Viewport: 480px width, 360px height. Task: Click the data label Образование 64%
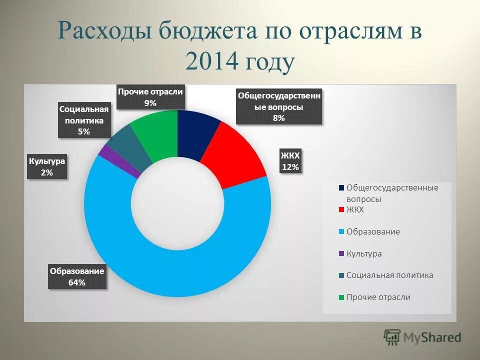click(x=77, y=276)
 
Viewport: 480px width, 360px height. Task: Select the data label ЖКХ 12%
click(x=290, y=161)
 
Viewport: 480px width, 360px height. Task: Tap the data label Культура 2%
click(x=47, y=167)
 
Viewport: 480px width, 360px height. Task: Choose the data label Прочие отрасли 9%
click(x=150, y=97)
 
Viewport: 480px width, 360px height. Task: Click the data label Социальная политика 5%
click(x=83, y=120)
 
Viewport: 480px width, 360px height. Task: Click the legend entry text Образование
click(x=373, y=232)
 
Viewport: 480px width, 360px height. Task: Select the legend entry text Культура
click(x=364, y=253)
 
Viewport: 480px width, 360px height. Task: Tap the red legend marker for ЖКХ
click(x=341, y=210)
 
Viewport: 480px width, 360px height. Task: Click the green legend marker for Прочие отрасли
click(x=341, y=297)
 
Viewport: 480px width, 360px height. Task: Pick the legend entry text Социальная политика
click(x=389, y=275)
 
